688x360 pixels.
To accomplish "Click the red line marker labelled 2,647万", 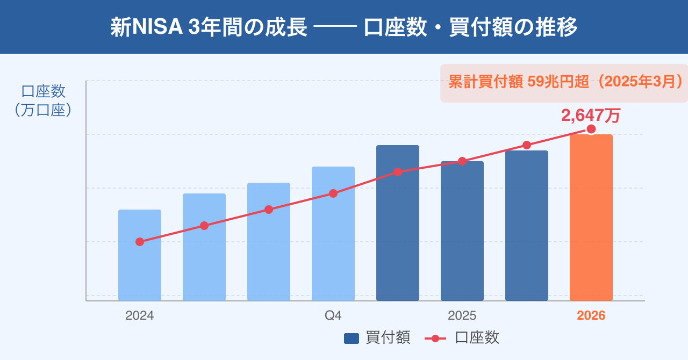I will pos(591,129).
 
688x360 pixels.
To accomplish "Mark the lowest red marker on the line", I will pos(140,242).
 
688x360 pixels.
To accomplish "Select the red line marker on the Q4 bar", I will pos(333,193).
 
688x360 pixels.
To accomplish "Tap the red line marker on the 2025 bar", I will pos(462,161).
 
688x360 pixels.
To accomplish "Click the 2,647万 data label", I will pos(591,115).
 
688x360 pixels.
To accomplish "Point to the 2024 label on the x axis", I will pos(140,315).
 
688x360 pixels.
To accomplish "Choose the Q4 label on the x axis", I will pos(333,315).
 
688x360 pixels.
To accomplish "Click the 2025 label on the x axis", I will pos(462,315).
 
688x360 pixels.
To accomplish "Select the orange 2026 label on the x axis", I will pos(591,315).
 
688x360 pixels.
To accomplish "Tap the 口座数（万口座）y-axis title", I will pos(43,100).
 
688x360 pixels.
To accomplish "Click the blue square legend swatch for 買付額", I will pos(352,338).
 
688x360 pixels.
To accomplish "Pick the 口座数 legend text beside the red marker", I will pos(477,337).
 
